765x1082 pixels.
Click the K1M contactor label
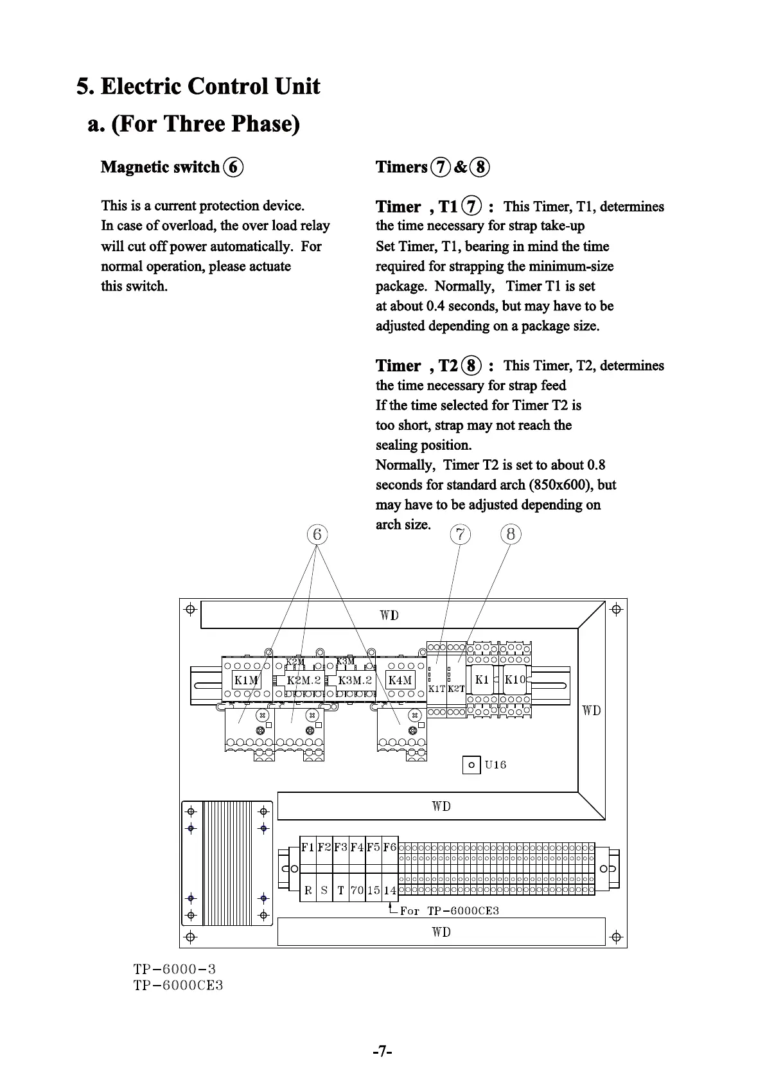tap(245, 680)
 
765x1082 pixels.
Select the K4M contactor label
tap(400, 680)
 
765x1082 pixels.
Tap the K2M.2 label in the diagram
tap(303, 680)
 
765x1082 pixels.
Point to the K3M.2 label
tap(355, 680)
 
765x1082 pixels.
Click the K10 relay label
tap(515, 680)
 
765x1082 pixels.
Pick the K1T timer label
tap(437, 689)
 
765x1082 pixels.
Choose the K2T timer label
tap(456, 689)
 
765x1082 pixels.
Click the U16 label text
tap(495, 765)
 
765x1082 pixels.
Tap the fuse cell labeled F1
tap(308, 847)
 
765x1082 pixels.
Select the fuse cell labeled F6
tap(390, 847)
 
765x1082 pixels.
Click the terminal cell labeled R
tap(308, 891)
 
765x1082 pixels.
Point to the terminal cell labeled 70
tap(357, 891)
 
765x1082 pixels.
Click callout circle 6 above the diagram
tap(317, 535)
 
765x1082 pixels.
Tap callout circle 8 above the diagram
tap(511, 534)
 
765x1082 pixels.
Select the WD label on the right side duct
tap(592, 711)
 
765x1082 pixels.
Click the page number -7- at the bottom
tap(382, 1052)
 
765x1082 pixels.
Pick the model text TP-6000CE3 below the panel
tap(178, 986)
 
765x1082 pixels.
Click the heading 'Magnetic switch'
tap(161, 167)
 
